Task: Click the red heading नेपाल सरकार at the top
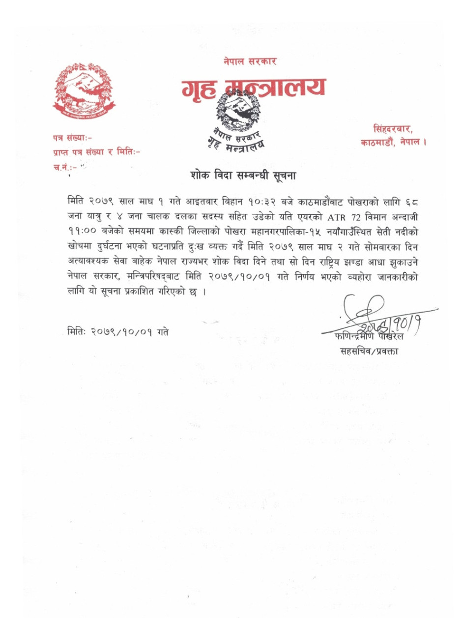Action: pos(250,62)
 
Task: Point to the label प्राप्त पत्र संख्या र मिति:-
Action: pos(96,153)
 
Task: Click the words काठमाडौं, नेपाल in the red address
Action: pos(393,143)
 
